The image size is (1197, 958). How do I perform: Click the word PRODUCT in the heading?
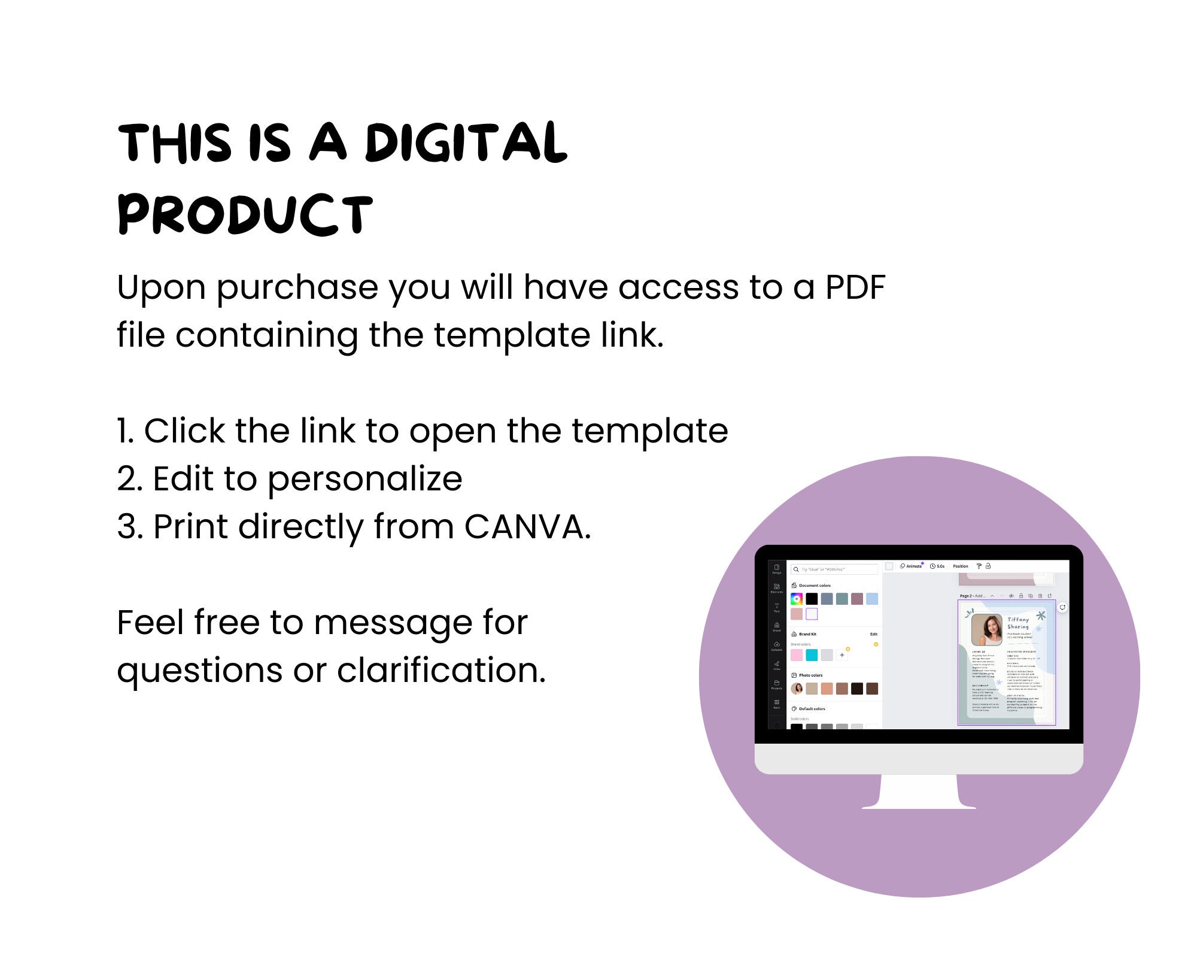pyautogui.click(x=245, y=214)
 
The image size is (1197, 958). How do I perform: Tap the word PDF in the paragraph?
pyautogui.click(x=855, y=287)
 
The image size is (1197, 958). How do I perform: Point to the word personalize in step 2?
pyautogui.click(x=364, y=480)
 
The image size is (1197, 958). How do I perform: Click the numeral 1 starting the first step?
pyautogui.click(x=123, y=431)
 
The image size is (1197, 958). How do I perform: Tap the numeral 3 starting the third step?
pyautogui.click(x=127, y=527)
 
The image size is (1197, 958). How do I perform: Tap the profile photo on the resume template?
pyautogui.click(x=986, y=629)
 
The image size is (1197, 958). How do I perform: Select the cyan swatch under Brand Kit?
pyautogui.click(x=812, y=655)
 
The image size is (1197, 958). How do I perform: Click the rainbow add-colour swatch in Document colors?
pyautogui.click(x=797, y=599)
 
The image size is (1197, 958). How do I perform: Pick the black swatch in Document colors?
pyautogui.click(x=812, y=599)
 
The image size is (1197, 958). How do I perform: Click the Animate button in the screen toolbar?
pyautogui.click(x=912, y=566)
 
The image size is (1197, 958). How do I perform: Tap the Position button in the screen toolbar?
pyautogui.click(x=961, y=566)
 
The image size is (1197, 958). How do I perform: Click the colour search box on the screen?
pyautogui.click(x=835, y=569)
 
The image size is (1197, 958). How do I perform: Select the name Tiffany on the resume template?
pyautogui.click(x=1018, y=620)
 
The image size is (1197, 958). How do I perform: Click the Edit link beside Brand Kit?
pyautogui.click(x=874, y=634)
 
